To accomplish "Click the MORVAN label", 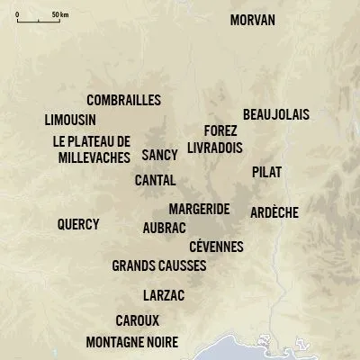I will [253, 20].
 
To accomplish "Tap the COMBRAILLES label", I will [123, 100].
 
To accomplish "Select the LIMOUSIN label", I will [70, 120].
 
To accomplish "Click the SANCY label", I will [159, 155].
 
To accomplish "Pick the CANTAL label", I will [155, 180].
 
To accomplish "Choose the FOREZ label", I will [220, 130].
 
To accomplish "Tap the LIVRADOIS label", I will [216, 147].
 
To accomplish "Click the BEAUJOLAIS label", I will [275, 114].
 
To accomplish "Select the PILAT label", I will [267, 171].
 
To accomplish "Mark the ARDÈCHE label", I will [274, 213].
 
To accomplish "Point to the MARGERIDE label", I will [199, 210].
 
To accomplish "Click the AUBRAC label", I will [164, 229].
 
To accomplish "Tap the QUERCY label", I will [78, 224].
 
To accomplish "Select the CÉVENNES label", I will [217, 247].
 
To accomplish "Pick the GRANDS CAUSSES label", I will [159, 266].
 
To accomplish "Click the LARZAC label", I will [165, 295].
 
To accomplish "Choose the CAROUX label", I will [138, 320].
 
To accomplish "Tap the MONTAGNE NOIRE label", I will [131, 342].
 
